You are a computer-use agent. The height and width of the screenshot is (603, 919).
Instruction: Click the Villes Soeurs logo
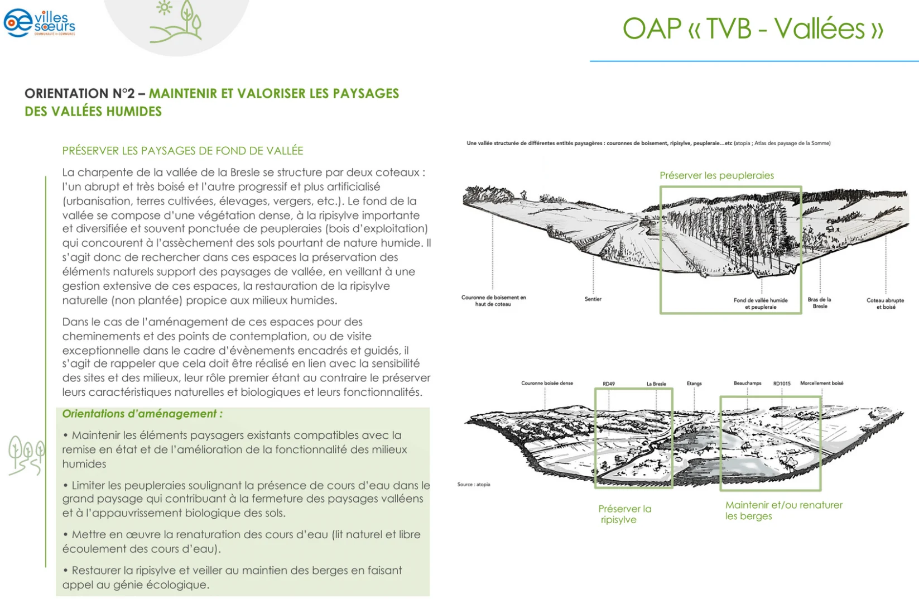[40, 22]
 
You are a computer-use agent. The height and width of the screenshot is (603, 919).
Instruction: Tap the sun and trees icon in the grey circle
[176, 21]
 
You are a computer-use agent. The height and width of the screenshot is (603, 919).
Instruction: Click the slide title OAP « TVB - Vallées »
[753, 28]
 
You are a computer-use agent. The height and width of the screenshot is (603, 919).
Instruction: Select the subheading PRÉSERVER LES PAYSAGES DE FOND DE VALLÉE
[182, 151]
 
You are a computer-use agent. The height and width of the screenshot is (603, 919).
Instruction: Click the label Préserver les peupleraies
[717, 175]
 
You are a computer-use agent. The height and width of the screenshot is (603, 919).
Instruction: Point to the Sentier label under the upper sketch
[593, 299]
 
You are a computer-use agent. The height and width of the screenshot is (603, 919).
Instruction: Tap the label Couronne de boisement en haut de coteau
[494, 300]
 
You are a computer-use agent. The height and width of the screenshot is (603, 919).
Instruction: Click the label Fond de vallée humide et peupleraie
[761, 303]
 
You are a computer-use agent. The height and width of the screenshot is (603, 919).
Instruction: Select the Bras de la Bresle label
[819, 303]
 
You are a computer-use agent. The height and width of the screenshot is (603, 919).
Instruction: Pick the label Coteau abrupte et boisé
[886, 303]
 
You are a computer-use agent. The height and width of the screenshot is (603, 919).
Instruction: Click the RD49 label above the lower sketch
[609, 384]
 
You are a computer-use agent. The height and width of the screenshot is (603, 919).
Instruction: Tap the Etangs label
[694, 384]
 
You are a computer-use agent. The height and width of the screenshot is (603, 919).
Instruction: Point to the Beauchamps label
[748, 383]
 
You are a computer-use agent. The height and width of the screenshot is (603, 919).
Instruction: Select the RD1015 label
[782, 384]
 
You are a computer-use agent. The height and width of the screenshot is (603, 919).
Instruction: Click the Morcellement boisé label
[822, 383]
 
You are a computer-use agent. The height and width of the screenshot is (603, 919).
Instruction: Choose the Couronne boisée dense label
[547, 383]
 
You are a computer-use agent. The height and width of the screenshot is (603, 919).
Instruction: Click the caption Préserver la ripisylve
[625, 514]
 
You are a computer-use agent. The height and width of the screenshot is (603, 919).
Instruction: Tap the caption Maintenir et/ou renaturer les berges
[783, 510]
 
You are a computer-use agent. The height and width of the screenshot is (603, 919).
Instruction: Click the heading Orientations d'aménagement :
[142, 414]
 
